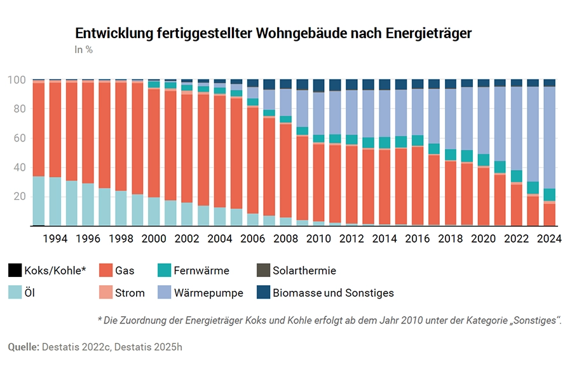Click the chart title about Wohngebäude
pyautogui.click(x=273, y=34)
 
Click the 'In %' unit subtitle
pyautogui.click(x=84, y=50)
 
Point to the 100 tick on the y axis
pyautogui.click(x=17, y=80)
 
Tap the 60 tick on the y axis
pyautogui.click(x=19, y=138)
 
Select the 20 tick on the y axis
pyautogui.click(x=19, y=197)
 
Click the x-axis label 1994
pyautogui.click(x=55, y=239)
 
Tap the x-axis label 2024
pyautogui.click(x=549, y=239)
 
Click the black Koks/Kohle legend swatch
pyautogui.click(x=15, y=271)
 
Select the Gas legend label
pyautogui.click(x=125, y=271)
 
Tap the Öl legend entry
pyautogui.click(x=29, y=293)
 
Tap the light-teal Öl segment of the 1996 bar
pyautogui.click(x=88, y=204)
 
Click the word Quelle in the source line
pyautogui.click(x=24, y=347)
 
